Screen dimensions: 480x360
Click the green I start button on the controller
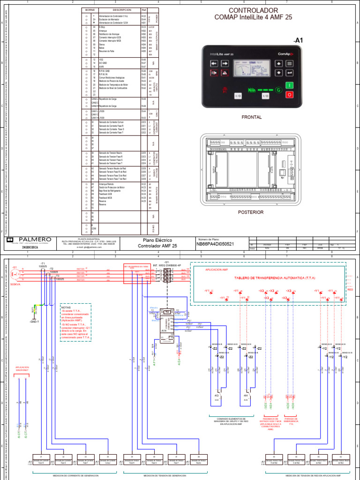(289, 85)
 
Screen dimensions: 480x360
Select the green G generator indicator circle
(280, 90)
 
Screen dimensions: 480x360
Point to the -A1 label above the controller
(298, 40)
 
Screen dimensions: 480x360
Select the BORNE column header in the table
(90, 9)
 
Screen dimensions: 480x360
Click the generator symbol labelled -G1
(15, 273)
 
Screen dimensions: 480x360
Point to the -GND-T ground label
(34, 322)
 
